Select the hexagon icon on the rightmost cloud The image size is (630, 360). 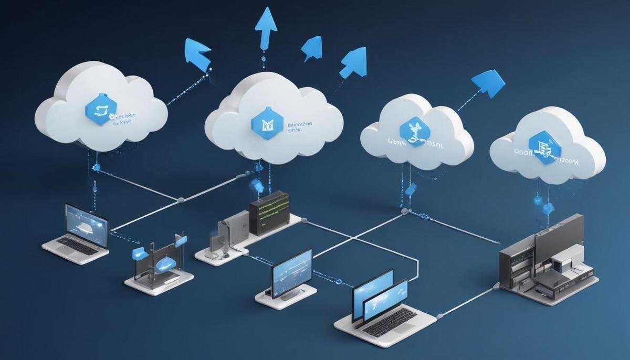click(540, 149)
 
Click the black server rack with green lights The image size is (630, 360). click(269, 212)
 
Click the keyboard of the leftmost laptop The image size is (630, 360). click(78, 246)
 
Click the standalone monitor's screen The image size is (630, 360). click(292, 272)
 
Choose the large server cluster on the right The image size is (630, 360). click(546, 257)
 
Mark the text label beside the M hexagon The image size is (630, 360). click(300, 128)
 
